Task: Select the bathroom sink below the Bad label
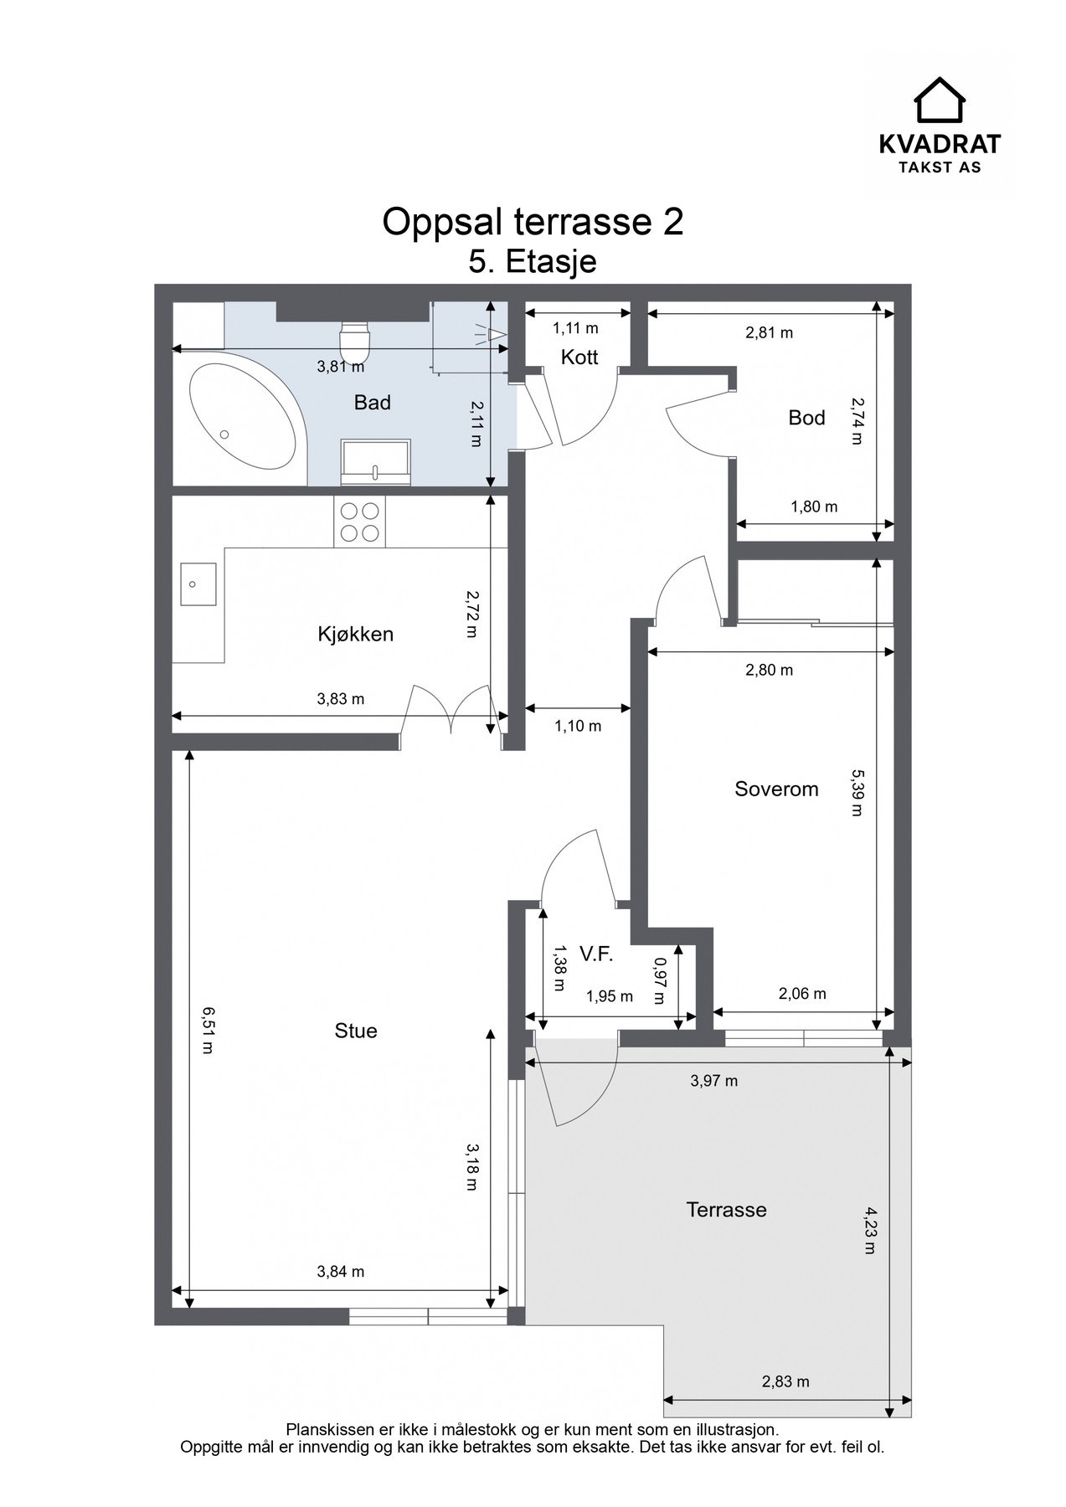(x=376, y=460)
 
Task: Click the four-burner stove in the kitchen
(x=359, y=522)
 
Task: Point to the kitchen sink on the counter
(x=198, y=584)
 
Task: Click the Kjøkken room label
(x=355, y=634)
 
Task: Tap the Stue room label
(x=356, y=1031)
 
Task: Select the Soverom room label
(x=776, y=789)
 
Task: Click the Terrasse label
(x=726, y=1210)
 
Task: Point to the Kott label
(x=579, y=357)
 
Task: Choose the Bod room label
(x=806, y=418)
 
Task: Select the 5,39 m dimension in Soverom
(x=856, y=792)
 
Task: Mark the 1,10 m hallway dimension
(x=578, y=726)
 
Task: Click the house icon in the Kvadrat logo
(x=940, y=100)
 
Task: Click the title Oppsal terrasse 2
(x=533, y=222)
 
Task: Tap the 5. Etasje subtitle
(x=533, y=262)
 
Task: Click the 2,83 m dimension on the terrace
(x=785, y=1381)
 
